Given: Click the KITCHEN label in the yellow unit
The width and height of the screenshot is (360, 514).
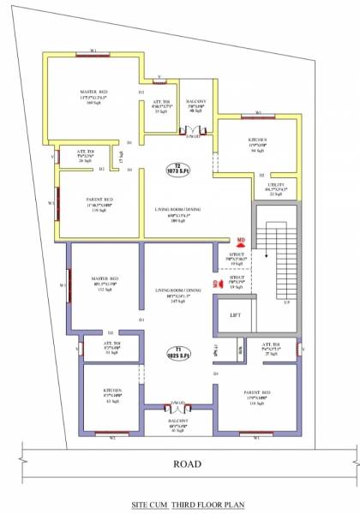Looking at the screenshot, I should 257,140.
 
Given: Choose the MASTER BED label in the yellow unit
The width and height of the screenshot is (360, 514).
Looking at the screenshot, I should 93,93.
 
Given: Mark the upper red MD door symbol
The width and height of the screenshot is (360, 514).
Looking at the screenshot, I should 242,241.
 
